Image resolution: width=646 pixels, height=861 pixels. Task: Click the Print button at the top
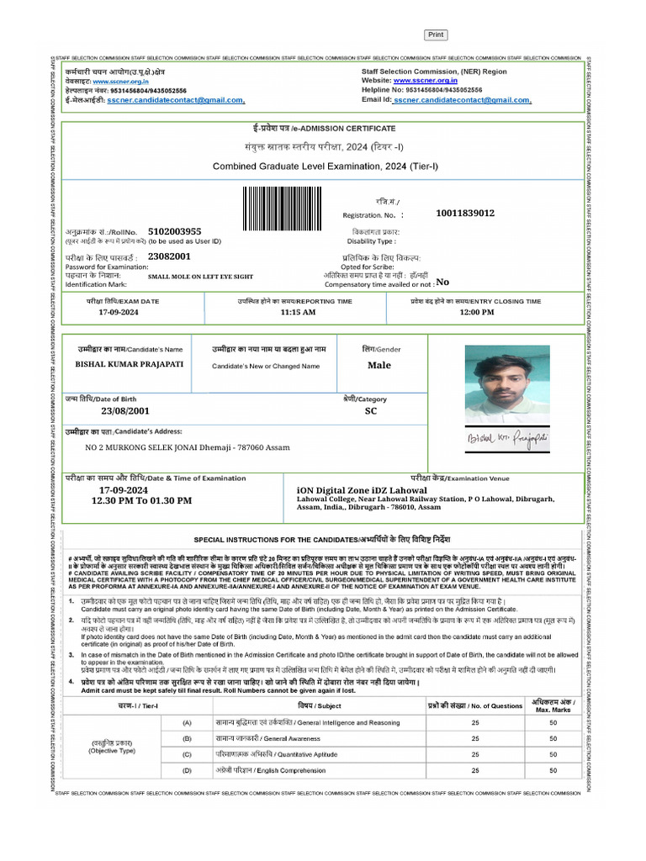point(435,34)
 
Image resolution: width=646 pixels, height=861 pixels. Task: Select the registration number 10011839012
point(465,214)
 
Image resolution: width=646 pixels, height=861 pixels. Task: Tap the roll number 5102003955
point(174,231)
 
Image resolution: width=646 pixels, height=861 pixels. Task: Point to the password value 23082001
point(169,256)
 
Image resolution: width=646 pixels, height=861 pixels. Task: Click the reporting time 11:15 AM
point(298,313)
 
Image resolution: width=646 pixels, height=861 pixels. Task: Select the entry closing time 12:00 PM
point(476,313)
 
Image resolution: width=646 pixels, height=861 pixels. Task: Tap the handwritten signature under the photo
point(502,439)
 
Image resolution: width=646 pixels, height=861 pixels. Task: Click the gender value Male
point(379,366)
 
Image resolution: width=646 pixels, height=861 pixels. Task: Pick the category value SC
point(370,411)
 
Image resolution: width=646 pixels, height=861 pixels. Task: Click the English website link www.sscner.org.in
point(424,81)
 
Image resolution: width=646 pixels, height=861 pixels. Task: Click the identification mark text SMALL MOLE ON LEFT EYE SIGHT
point(200,276)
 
